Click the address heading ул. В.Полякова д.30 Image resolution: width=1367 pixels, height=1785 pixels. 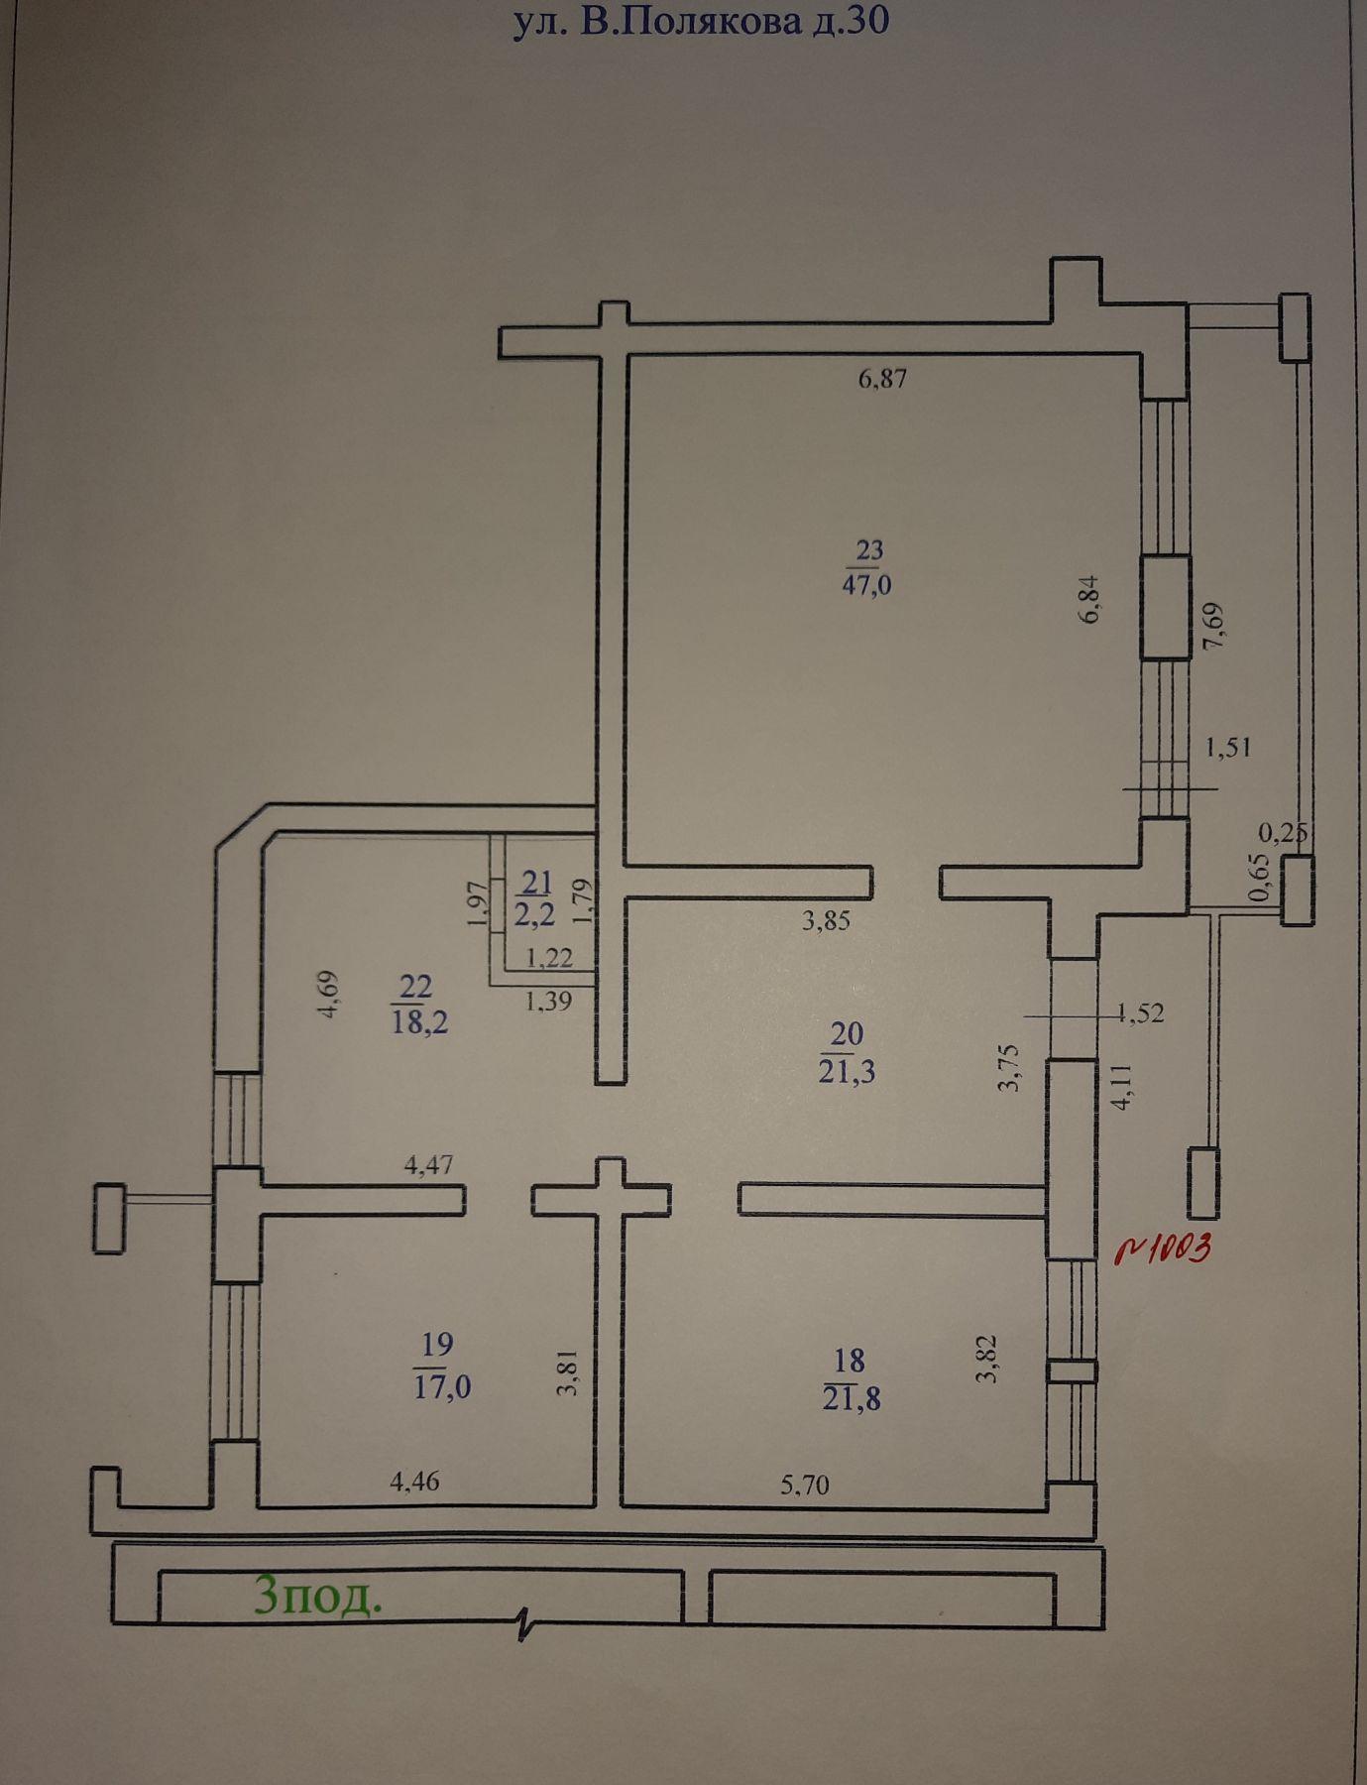(700, 22)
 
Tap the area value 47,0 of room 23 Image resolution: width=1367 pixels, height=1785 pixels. (867, 585)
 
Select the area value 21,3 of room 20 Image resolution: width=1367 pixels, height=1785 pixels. (847, 1072)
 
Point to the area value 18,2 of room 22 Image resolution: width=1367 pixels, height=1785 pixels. (420, 1022)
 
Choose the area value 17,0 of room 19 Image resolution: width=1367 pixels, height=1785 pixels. (442, 1385)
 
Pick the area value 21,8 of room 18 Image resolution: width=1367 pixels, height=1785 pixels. (852, 1398)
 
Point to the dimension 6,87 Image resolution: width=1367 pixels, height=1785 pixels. (882, 378)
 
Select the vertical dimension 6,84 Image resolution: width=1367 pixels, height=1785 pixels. (1088, 600)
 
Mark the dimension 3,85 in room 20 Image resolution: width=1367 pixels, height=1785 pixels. (826, 920)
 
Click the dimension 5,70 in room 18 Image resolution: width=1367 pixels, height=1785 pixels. (805, 1484)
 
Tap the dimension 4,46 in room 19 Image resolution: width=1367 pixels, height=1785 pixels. (415, 1482)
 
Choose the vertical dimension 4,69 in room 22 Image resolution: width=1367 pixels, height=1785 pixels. (329, 994)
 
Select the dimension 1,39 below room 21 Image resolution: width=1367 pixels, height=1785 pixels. (548, 1002)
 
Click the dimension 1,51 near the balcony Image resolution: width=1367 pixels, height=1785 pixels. (1227, 746)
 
